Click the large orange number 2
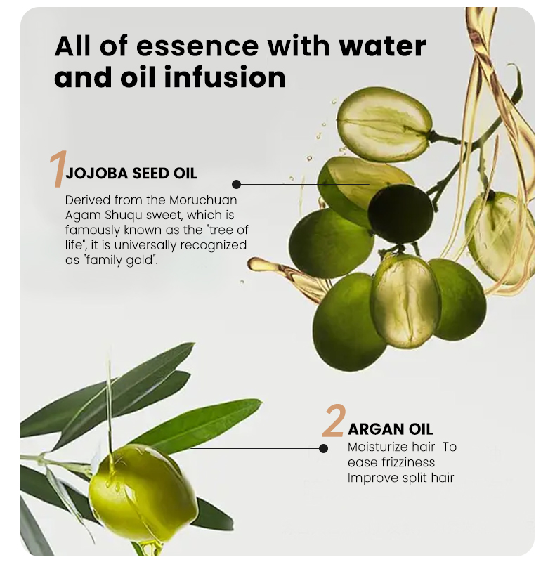click(x=334, y=421)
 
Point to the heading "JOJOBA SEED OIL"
click(x=131, y=174)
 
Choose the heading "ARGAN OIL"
click(x=391, y=429)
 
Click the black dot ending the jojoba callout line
click(x=237, y=184)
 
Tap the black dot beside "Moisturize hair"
click(x=324, y=448)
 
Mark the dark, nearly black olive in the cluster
click(x=400, y=214)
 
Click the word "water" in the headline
click(x=383, y=46)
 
